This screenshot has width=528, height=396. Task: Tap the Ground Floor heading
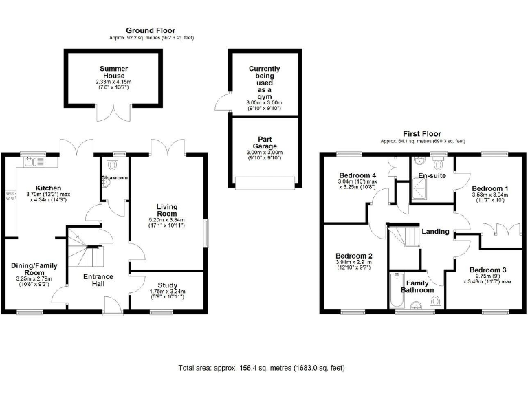point(150,31)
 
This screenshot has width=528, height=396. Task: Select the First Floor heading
point(422,134)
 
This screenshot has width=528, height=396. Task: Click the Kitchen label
point(49,188)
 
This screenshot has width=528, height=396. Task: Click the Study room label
point(167,285)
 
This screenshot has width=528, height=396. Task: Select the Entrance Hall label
point(98,281)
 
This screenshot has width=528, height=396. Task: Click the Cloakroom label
point(115,177)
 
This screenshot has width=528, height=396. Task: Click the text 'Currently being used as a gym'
point(265,82)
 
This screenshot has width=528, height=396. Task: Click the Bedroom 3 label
point(489,269)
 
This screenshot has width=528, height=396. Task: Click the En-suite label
point(431,175)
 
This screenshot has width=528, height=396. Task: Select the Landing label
point(435,231)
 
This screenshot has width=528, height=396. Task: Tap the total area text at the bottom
point(261,368)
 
